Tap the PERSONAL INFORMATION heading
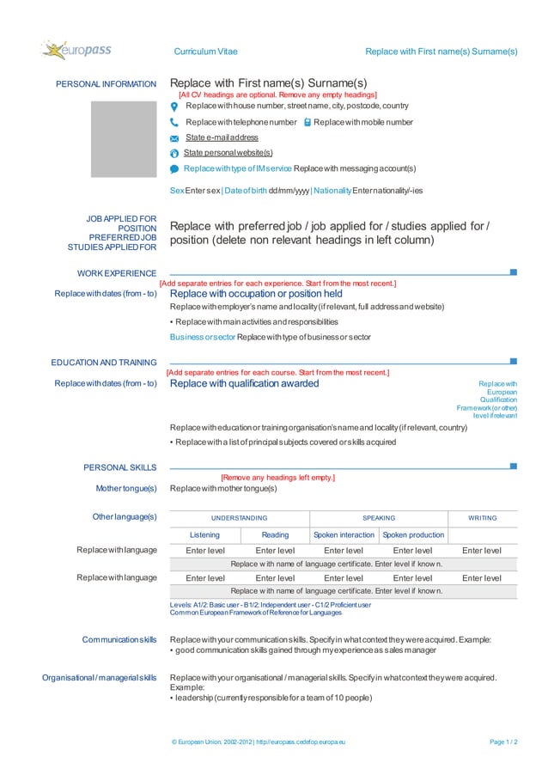pyautogui.click(x=106, y=84)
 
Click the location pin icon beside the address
pyautogui.click(x=174, y=107)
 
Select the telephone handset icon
pyautogui.click(x=174, y=123)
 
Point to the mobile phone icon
pyautogui.click(x=307, y=123)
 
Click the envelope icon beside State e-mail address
pyautogui.click(x=174, y=138)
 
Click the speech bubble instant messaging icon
pyautogui.click(x=174, y=168)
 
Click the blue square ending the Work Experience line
pyautogui.click(x=513, y=272)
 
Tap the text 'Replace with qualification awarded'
pyautogui.click(x=244, y=383)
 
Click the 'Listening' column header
pyautogui.click(x=204, y=535)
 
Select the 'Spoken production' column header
pyautogui.click(x=413, y=535)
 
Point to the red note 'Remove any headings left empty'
pyautogui.click(x=277, y=477)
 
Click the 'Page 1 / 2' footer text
pyautogui.click(x=502, y=741)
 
